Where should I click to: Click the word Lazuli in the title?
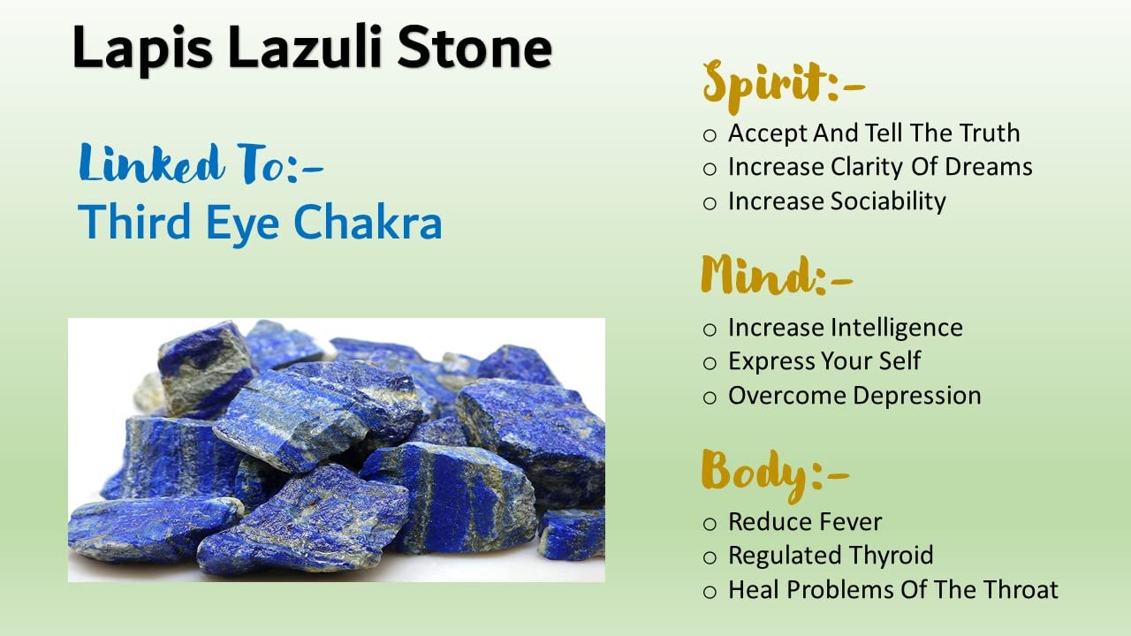(x=305, y=47)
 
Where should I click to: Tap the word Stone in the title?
(x=474, y=47)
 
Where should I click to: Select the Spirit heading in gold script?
(x=784, y=86)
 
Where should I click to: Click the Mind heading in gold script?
(x=777, y=275)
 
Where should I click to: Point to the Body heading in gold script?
(x=776, y=474)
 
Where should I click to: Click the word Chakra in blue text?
(x=368, y=222)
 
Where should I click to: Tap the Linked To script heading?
(x=201, y=164)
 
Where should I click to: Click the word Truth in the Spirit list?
(x=990, y=132)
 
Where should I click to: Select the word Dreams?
(x=989, y=167)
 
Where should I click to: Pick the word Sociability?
(x=888, y=201)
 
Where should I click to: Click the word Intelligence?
(x=897, y=328)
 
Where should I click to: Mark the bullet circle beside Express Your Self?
(x=710, y=363)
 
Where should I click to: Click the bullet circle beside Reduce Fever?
(x=710, y=524)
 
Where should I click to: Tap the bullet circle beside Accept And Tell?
(x=710, y=135)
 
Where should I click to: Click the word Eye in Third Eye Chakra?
(x=242, y=224)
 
